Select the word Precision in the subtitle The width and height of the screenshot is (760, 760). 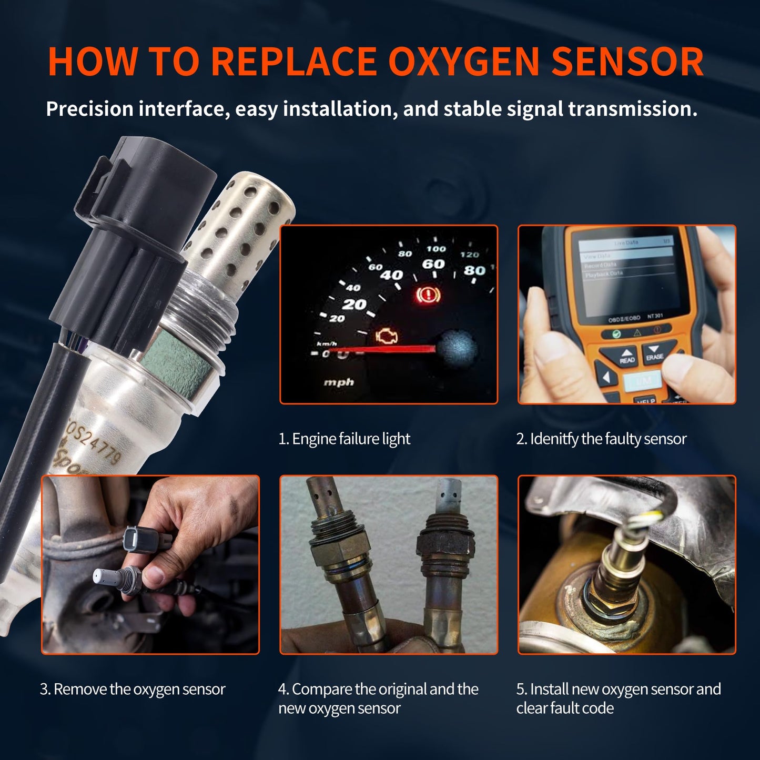(x=89, y=109)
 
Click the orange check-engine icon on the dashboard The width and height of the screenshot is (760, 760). (x=387, y=336)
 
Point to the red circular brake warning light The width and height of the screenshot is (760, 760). (x=428, y=295)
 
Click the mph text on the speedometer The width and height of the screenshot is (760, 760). (x=339, y=382)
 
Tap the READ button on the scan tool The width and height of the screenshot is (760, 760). (x=627, y=357)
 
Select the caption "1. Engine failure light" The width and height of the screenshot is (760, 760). (x=344, y=439)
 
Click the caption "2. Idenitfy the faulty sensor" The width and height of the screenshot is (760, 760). (x=601, y=439)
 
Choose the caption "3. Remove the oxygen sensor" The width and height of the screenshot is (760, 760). (x=133, y=689)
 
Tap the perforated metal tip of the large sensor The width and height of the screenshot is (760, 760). (x=242, y=226)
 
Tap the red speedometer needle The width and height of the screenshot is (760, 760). (x=400, y=349)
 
